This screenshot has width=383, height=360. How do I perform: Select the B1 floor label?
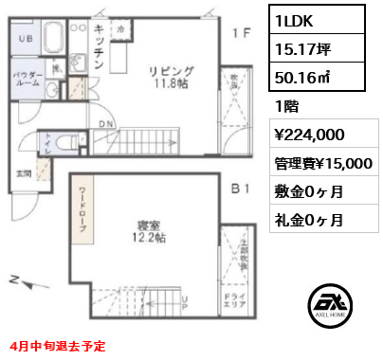241,188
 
